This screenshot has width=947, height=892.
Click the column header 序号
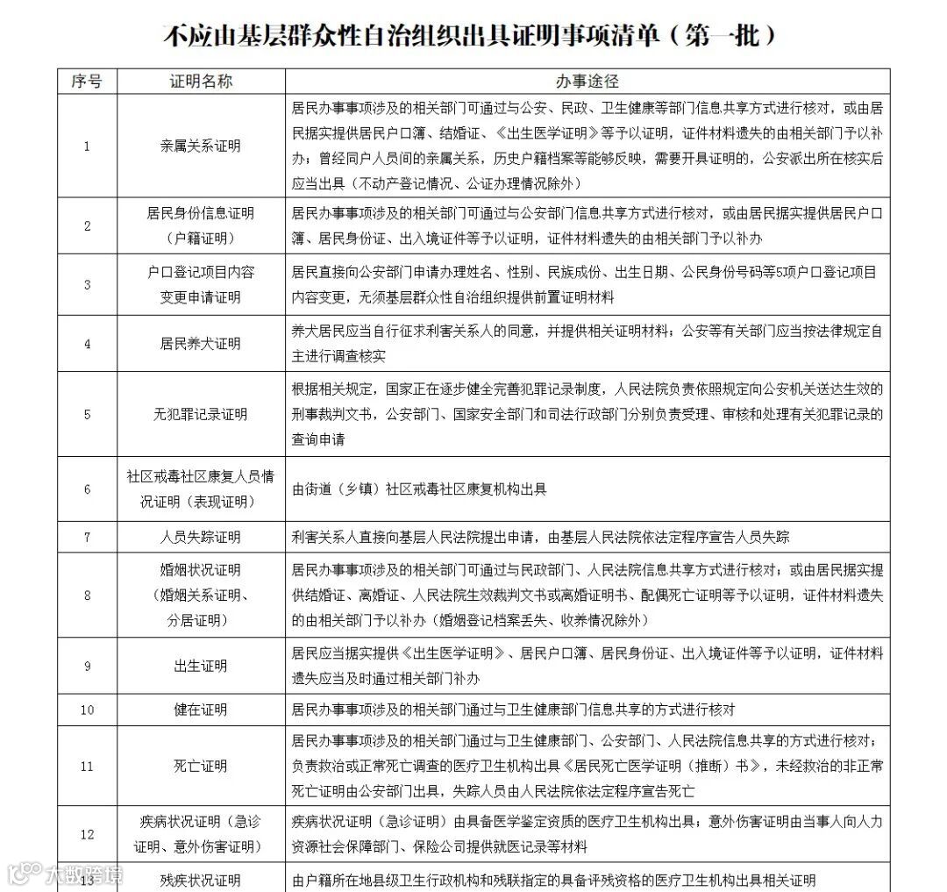87,82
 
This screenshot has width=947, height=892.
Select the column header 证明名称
201,82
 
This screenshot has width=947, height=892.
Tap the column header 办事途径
587,82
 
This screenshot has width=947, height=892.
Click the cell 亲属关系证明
201,146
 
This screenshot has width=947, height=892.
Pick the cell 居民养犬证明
201,343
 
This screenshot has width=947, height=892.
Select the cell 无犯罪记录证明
201,414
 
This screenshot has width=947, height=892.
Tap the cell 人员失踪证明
201,537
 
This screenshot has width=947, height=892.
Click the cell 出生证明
201,666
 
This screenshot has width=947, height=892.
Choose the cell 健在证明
201,710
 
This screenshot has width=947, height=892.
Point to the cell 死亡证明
201,766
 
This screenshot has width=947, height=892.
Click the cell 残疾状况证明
201,880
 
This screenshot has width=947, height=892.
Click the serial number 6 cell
87,489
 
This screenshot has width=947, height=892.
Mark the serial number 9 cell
87,666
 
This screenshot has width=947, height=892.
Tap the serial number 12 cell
87,835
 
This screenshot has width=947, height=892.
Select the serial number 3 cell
87,285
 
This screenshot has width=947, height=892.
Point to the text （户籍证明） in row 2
201,238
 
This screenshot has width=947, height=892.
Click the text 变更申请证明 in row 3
201,297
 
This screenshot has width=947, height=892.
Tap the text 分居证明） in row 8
201,620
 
